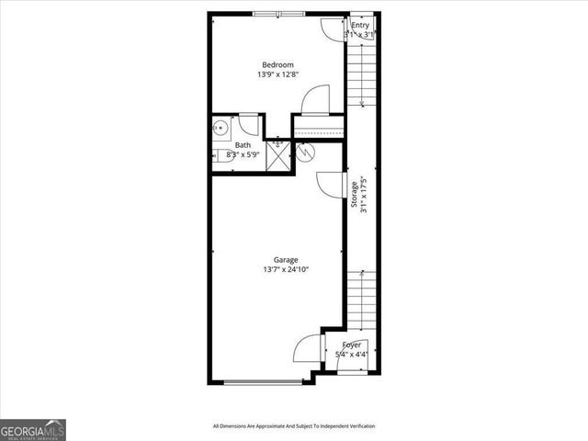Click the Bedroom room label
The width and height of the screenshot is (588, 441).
277,64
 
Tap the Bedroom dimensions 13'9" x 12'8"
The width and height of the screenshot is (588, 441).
277,76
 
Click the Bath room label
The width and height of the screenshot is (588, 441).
243,145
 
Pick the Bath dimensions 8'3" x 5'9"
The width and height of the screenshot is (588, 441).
243,155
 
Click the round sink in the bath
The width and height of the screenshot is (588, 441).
220,129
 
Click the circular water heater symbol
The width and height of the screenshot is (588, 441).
307,151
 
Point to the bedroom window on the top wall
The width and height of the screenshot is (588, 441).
278,13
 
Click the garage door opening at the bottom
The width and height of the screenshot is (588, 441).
264,381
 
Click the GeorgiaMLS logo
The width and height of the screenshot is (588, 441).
33,429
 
